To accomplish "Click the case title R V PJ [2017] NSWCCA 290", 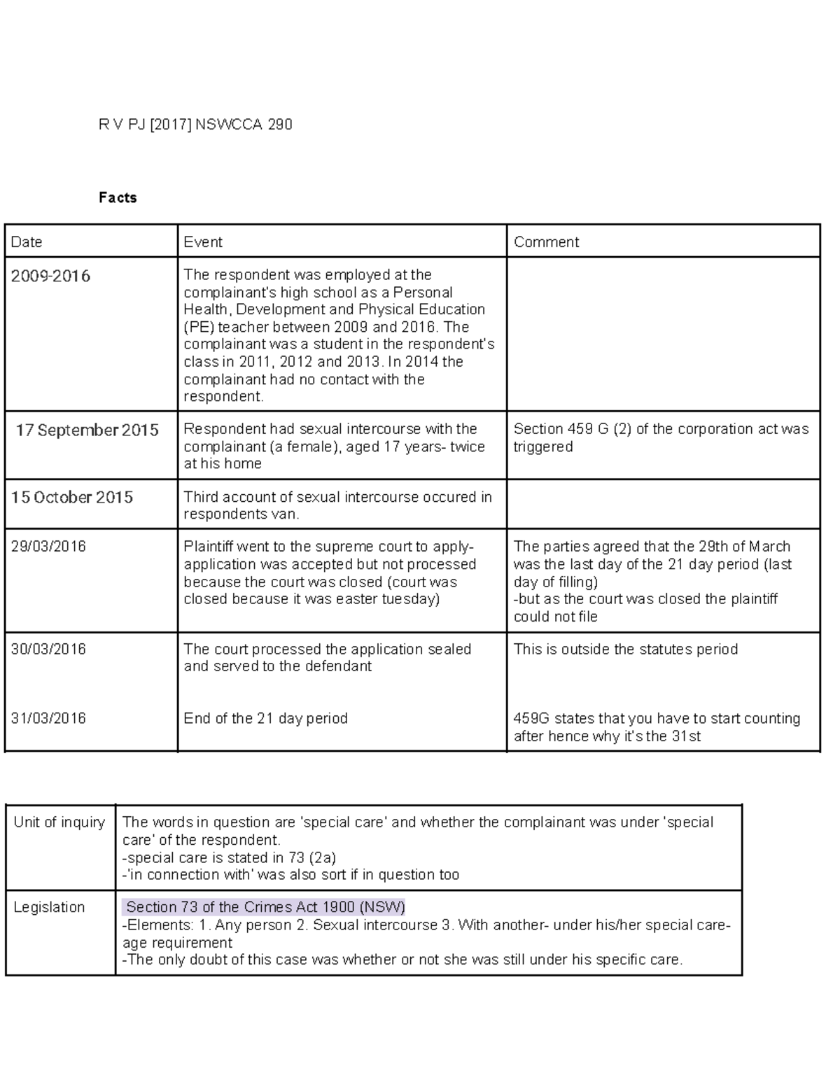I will [x=195, y=125].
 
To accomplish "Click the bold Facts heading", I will [x=118, y=197].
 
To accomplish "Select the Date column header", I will [x=27, y=242].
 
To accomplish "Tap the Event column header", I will [x=203, y=242].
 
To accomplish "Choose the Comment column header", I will [x=546, y=242].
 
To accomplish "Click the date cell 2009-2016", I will [x=50, y=276].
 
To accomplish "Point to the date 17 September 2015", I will [x=87, y=430].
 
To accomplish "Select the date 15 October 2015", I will [x=71, y=498].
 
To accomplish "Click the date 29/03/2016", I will [x=48, y=547].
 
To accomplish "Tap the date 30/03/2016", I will [x=48, y=649].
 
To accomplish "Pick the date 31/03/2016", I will [x=48, y=719].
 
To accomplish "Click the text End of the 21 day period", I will [x=265, y=719].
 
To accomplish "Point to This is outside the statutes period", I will [x=625, y=649].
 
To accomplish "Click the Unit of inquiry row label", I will [x=59, y=822].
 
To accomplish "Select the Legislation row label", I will [x=49, y=907].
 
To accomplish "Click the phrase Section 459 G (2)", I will [x=572, y=429].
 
